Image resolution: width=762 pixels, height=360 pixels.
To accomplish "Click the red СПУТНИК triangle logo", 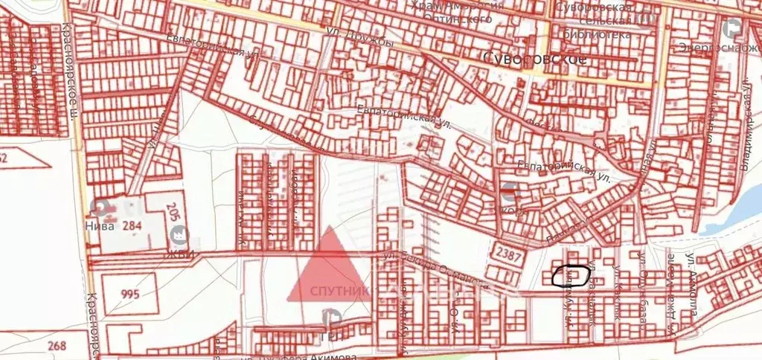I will pos(328,268).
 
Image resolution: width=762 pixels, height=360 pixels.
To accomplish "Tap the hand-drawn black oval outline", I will pos(571,277).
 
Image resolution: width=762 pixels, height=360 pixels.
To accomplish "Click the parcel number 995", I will pos(129,294).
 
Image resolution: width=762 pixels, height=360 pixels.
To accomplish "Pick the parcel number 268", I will pos(56,345).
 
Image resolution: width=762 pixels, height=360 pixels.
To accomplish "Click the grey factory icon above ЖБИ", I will pos(179,236).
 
